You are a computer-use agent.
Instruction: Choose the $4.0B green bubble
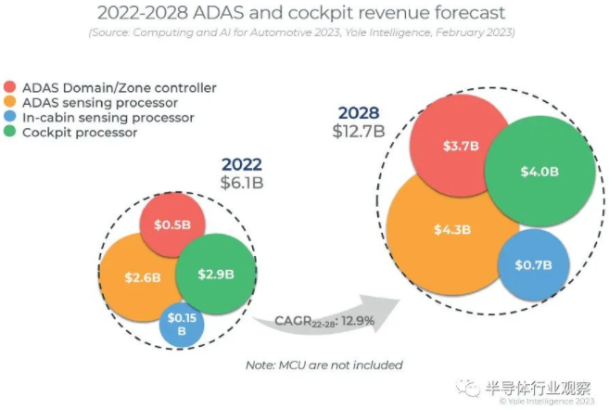[x=539, y=173]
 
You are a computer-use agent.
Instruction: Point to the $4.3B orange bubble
[x=451, y=229]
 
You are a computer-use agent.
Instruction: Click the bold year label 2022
[x=242, y=164]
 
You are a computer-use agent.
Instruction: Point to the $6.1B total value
[x=242, y=182]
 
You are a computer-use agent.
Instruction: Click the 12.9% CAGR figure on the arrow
[x=357, y=321]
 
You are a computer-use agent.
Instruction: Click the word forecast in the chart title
[x=455, y=14]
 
